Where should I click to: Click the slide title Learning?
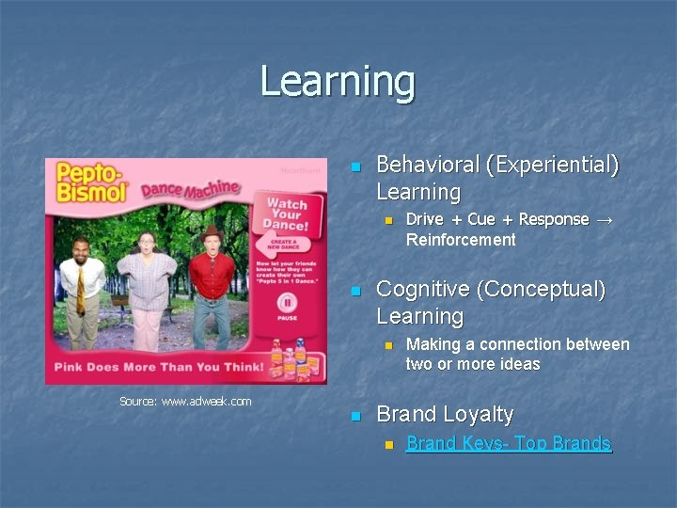point(338,81)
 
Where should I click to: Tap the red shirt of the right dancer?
point(212,276)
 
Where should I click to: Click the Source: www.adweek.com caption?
point(185,402)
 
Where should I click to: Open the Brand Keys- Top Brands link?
point(508,443)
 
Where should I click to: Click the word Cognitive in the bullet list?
point(417,289)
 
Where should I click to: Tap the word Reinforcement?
point(461,240)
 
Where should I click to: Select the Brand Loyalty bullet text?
point(445,414)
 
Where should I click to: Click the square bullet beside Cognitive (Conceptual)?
point(354,292)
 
